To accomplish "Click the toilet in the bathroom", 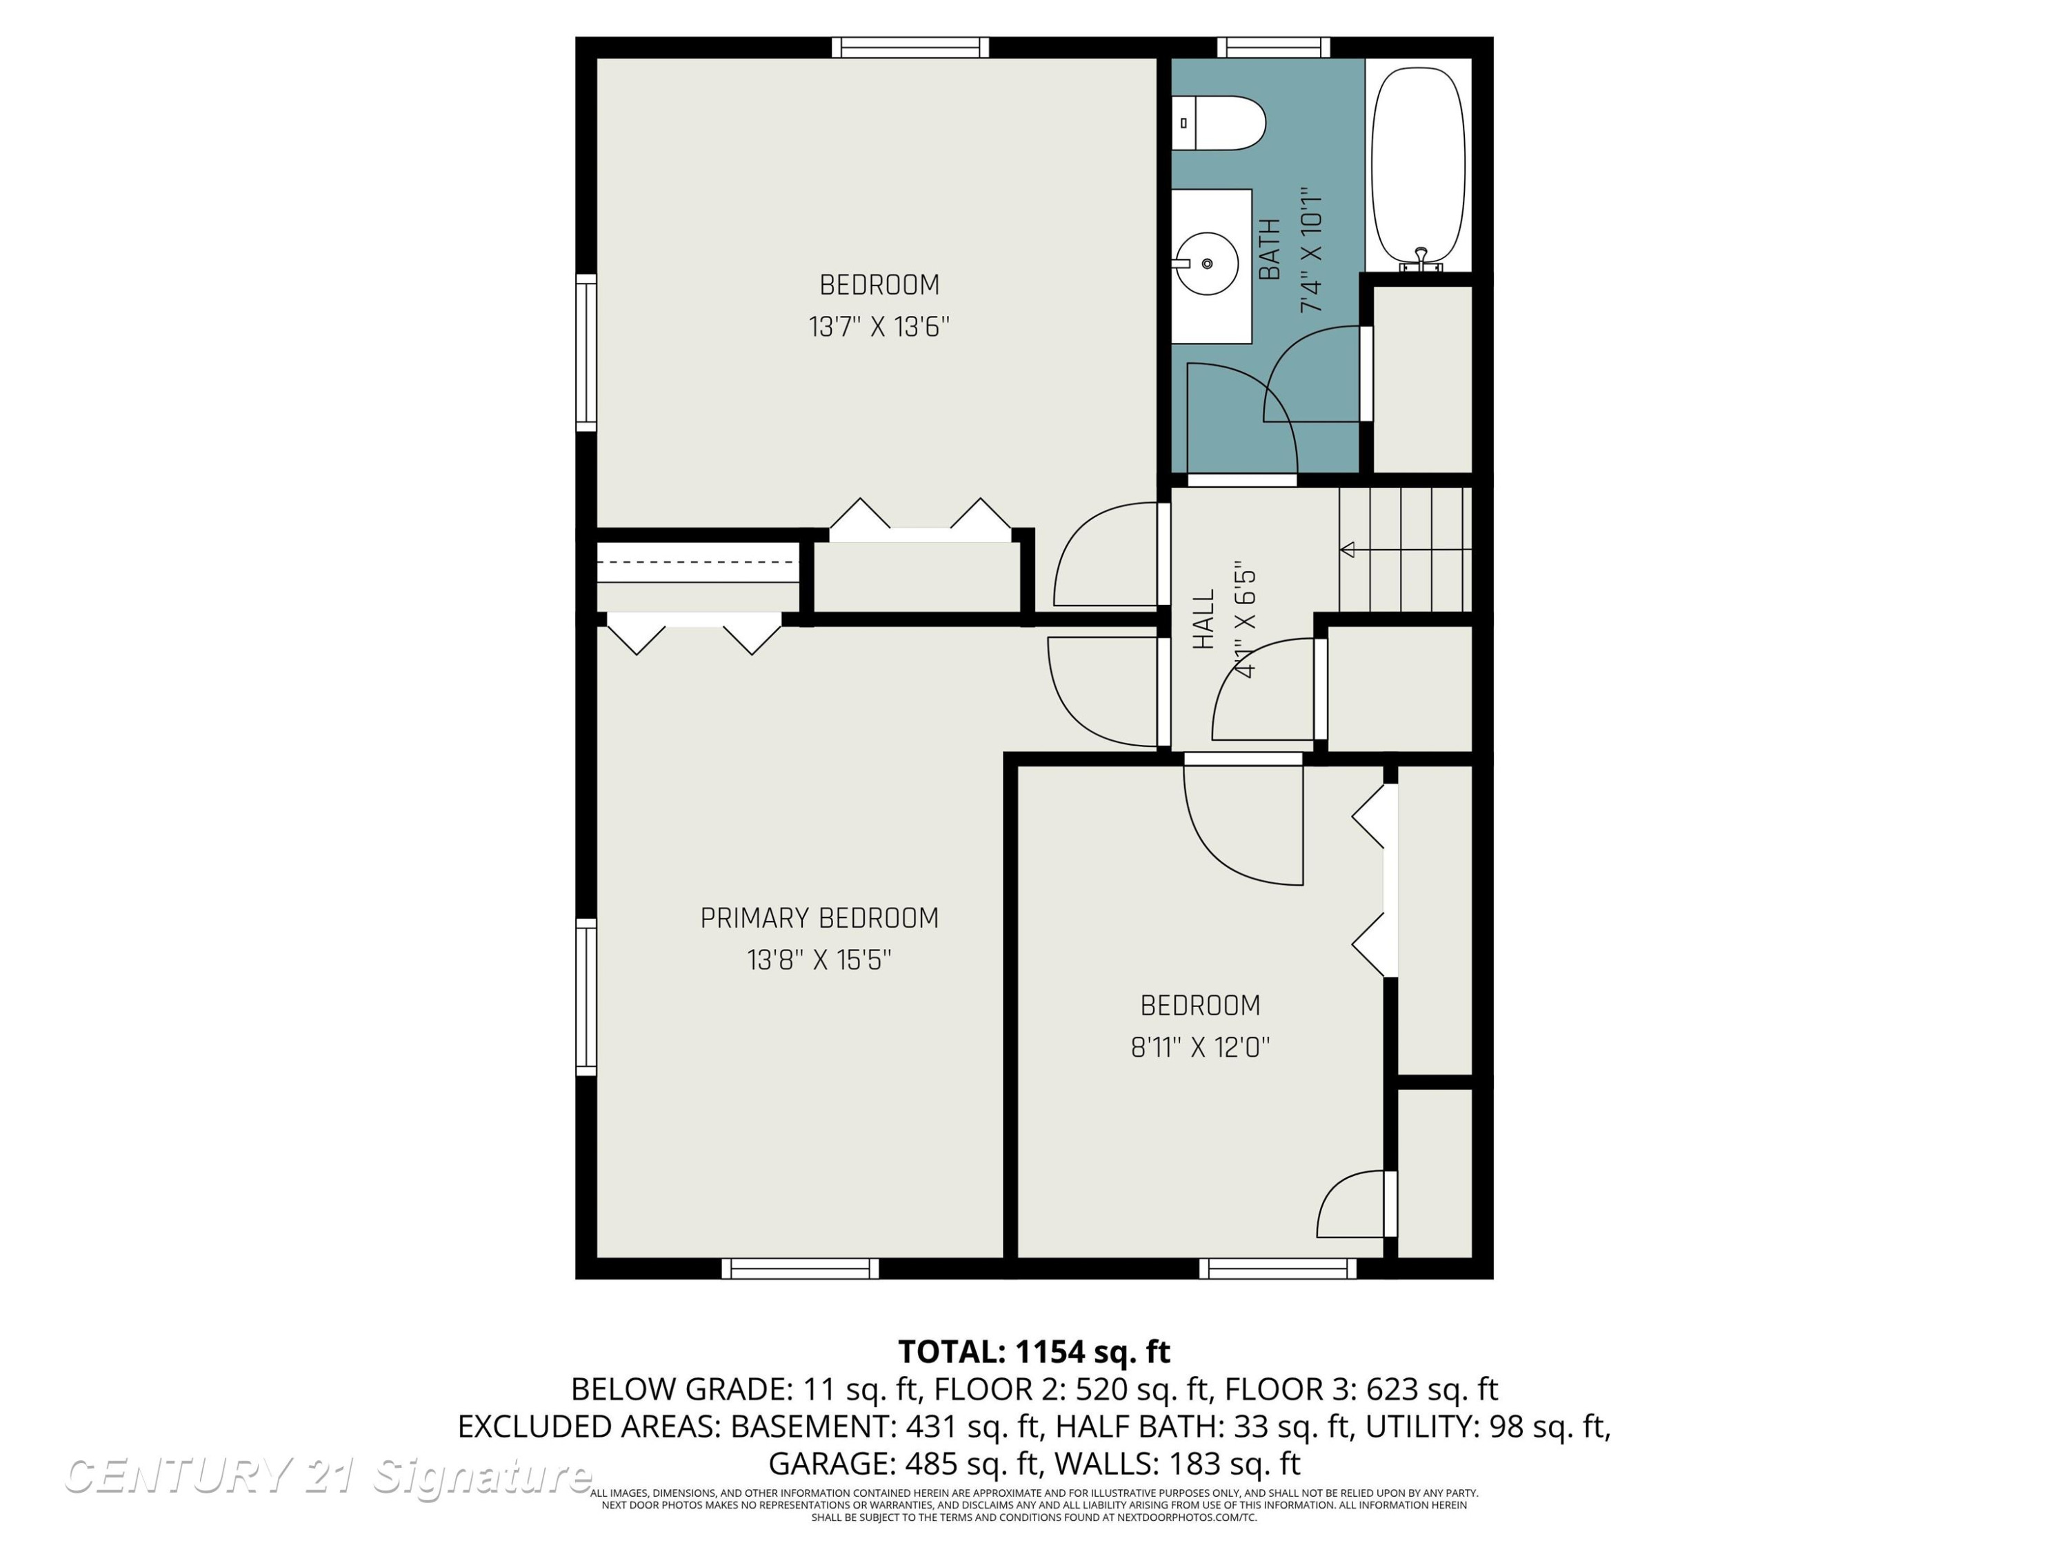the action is click(1219, 123).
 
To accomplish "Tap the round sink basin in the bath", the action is click(1207, 263).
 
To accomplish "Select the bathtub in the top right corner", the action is click(1418, 166).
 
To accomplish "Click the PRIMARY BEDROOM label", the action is click(819, 919).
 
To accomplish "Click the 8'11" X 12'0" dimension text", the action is click(1200, 1047).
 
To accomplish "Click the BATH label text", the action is click(1269, 249).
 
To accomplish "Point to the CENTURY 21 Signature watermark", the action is click(328, 1475).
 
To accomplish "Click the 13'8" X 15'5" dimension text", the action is click(819, 960).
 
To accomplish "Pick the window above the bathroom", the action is click(1273, 48).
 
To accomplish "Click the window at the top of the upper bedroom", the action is click(910, 48).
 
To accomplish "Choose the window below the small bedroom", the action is click(1278, 1269).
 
